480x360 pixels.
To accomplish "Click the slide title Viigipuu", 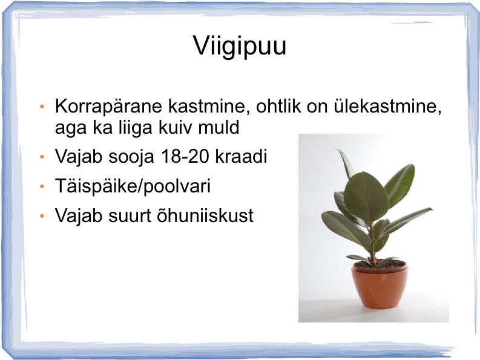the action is pyautogui.click(x=240, y=46).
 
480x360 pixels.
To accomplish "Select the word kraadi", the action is pyautogui.click(x=242, y=156).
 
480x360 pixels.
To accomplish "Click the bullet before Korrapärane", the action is pyautogui.click(x=42, y=107).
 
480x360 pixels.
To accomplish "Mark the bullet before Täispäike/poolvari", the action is pyautogui.click(x=42, y=186).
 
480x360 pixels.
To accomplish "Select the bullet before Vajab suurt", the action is pyautogui.click(x=42, y=216).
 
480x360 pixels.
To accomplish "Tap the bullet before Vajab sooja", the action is pyautogui.click(x=42, y=157).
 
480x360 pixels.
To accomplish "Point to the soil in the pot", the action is pyautogui.click(x=380, y=264).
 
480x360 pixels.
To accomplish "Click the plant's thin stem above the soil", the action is pyautogui.click(x=372, y=245).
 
